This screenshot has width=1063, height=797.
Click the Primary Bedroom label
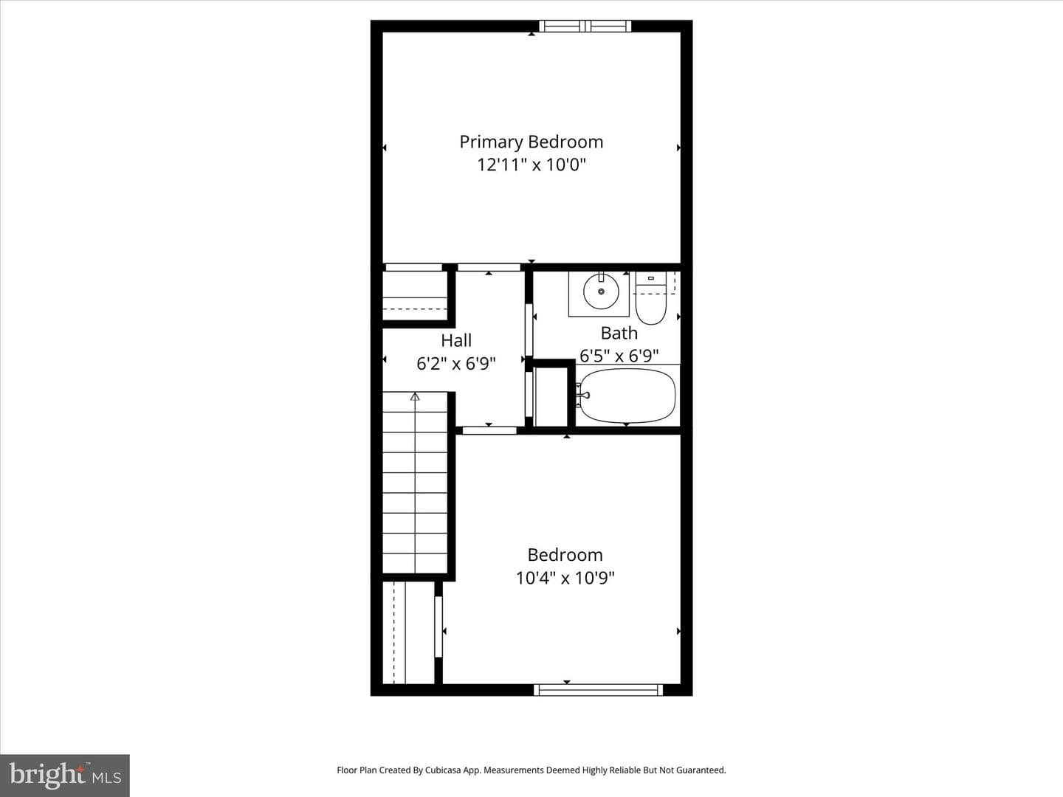tap(531, 142)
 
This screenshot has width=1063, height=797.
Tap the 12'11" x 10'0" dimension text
tap(531, 165)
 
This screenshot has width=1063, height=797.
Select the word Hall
tap(455, 340)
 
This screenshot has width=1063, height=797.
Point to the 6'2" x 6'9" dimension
tap(455, 363)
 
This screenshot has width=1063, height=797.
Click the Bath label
tap(619, 333)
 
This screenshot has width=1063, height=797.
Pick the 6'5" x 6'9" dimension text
tap(619, 356)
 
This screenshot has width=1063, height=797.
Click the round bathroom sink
tap(601, 291)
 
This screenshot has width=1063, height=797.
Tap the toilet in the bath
tap(651, 298)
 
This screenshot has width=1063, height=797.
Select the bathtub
tap(627, 396)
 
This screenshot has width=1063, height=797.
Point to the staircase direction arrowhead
tap(415, 397)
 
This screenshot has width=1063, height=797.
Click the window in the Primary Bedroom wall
tap(585, 26)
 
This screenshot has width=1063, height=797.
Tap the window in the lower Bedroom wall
tap(598, 689)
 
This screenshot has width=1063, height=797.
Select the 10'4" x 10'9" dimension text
tap(565, 579)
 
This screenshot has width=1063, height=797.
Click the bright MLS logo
tap(65, 776)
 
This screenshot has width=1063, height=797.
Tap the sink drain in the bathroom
tap(601, 291)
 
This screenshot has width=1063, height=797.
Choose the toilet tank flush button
tap(651, 278)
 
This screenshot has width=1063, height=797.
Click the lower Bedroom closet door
tap(438, 627)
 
